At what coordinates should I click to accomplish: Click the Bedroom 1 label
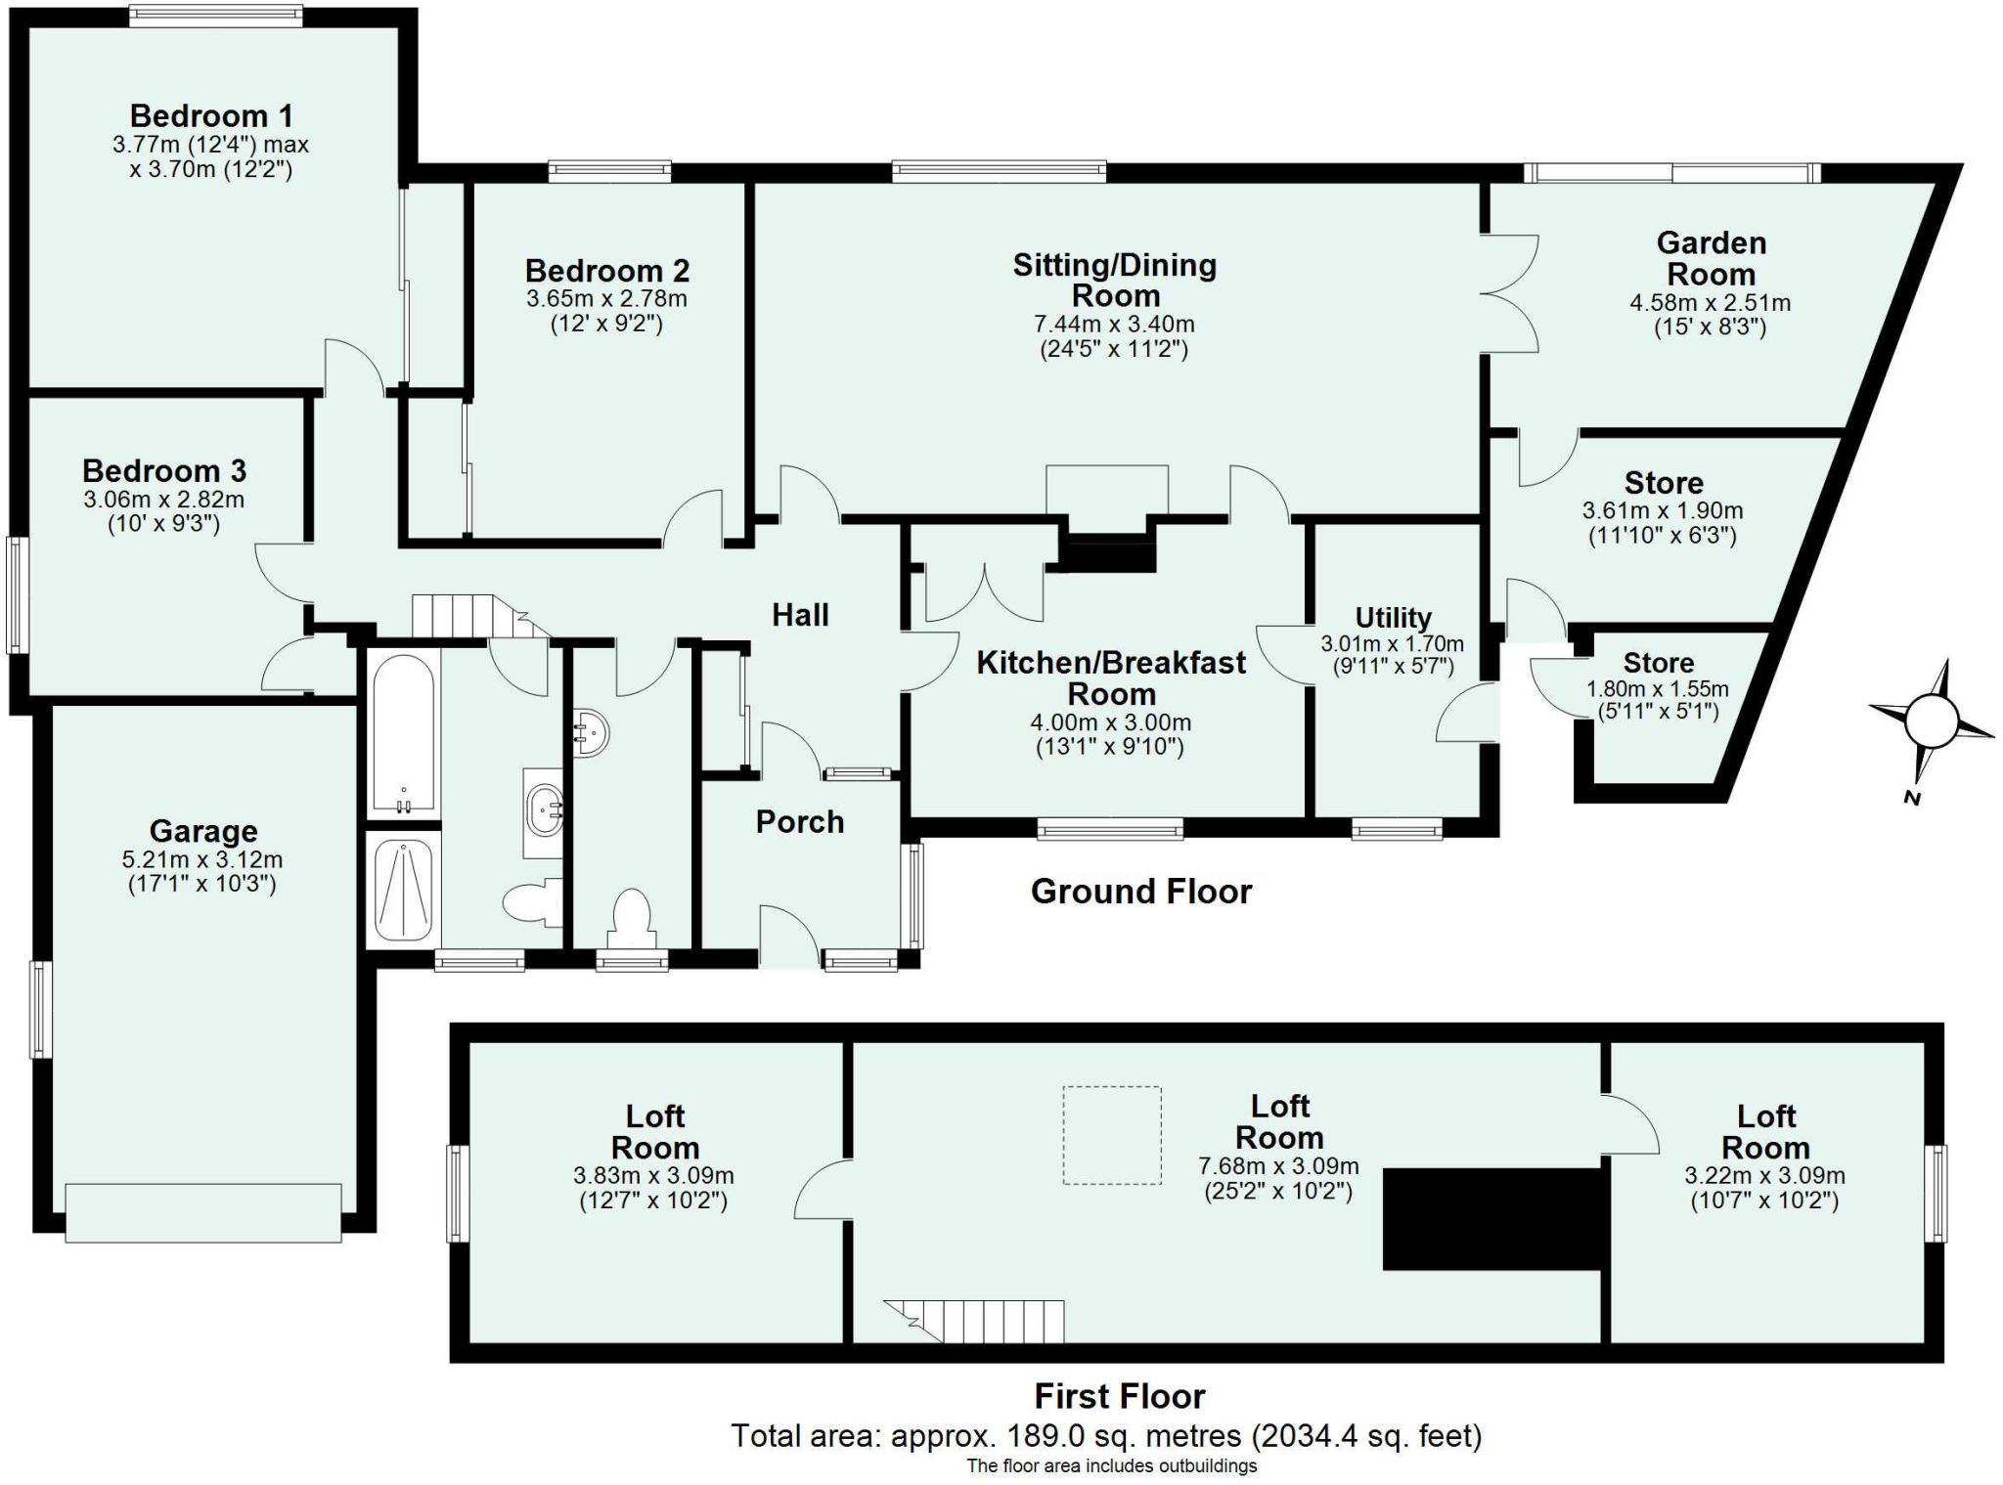211,115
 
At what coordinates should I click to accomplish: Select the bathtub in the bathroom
403,734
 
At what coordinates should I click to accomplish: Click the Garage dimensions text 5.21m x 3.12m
202,860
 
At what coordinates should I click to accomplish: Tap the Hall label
800,615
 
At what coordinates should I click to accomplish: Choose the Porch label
800,822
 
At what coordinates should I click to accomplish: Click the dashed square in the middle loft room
1112,1135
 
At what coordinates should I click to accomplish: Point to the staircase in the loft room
974,1321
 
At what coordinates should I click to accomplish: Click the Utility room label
1393,618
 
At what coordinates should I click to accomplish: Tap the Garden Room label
1712,258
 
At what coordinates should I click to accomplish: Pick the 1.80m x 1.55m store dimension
1658,688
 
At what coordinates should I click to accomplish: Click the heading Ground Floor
1141,892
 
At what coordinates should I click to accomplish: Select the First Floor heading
1120,1396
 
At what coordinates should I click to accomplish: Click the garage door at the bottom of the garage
203,1213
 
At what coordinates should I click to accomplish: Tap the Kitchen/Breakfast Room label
1111,678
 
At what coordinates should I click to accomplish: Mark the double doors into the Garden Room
1509,293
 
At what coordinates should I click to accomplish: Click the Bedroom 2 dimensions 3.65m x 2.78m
606,298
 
